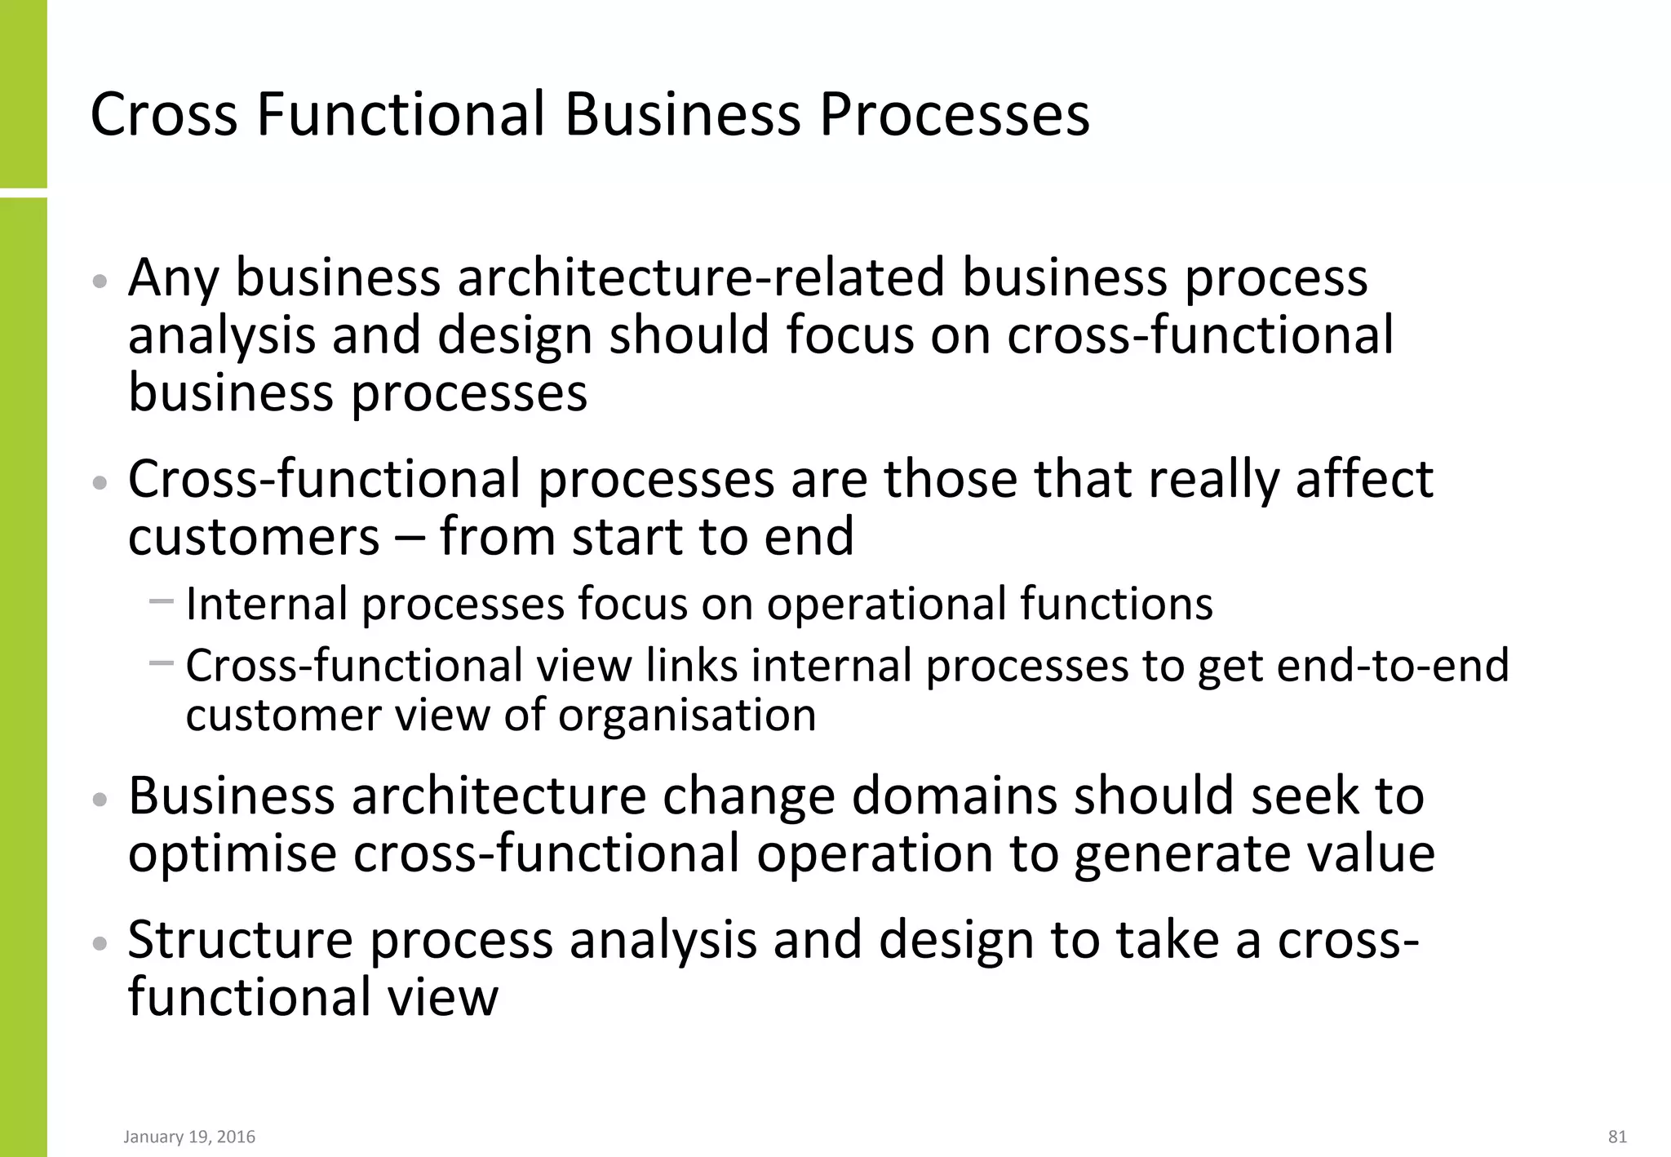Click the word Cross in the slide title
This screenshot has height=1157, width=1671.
164,114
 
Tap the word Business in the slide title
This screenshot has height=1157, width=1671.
683,114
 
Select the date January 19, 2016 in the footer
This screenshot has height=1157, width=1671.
189,1137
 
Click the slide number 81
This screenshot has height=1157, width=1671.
1617,1137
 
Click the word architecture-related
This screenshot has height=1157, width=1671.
701,277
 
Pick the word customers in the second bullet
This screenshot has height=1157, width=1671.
254,537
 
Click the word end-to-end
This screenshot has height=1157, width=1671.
1392,666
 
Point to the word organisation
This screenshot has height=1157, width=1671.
687,716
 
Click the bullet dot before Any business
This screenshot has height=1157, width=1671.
100,281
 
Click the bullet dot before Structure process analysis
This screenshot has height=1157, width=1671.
100,944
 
